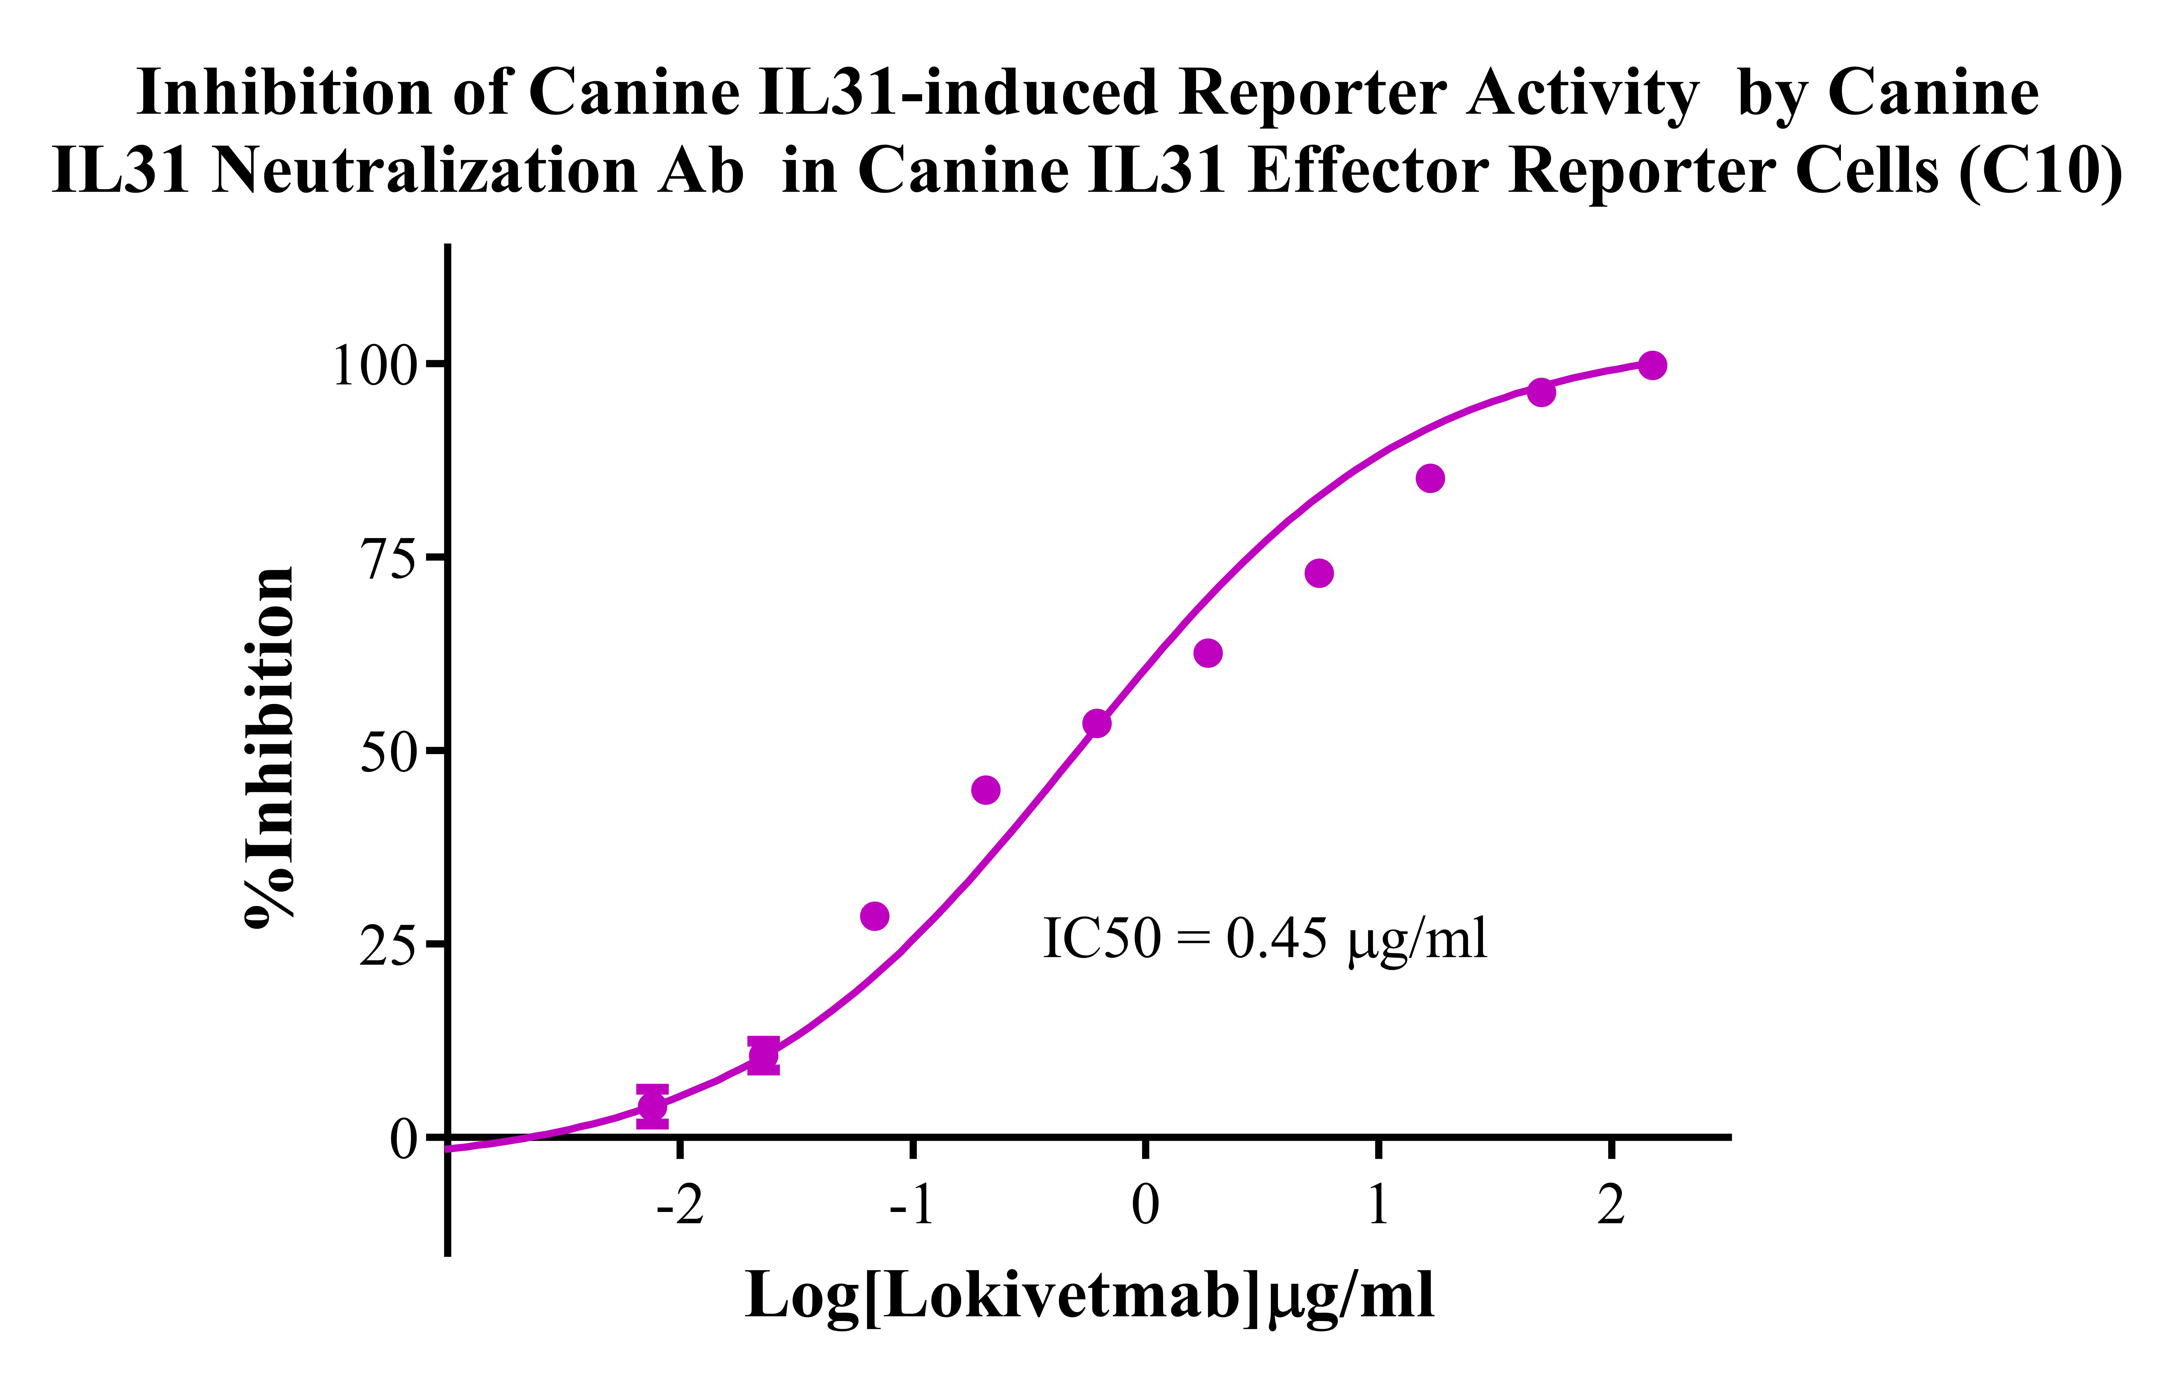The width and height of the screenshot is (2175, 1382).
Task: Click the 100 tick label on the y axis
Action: click(377, 366)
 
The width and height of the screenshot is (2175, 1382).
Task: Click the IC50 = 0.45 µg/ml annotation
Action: click(1264, 939)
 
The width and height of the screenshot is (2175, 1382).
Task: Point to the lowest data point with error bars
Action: click(652, 1106)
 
